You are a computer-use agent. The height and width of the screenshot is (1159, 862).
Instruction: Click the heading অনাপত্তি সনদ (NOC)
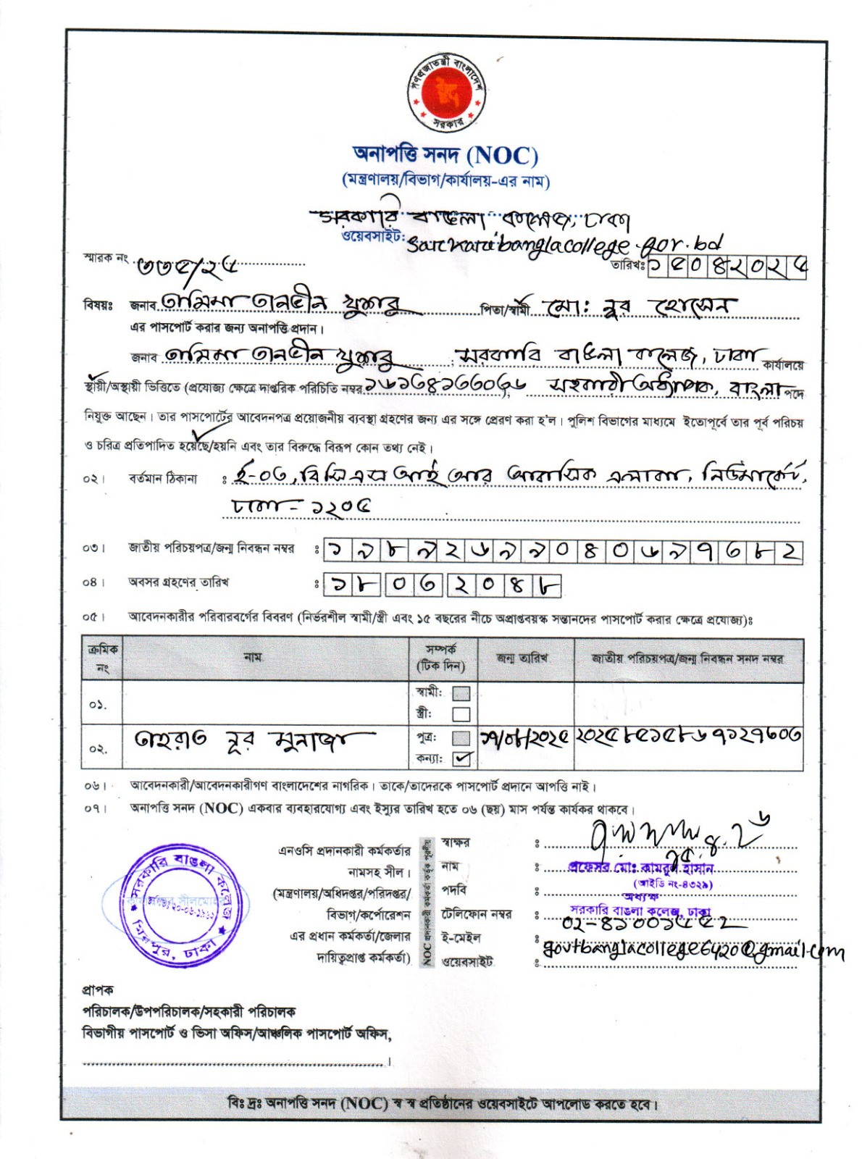pos(445,155)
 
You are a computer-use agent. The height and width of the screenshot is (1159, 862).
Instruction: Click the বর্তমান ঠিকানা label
pos(162,479)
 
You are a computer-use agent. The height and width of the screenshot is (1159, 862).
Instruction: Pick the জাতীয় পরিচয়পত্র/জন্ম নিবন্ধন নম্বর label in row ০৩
pos(211,549)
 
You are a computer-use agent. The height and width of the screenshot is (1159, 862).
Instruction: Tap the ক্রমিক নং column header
pos(102,658)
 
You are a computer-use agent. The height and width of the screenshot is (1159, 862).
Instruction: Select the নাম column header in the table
pos(253,657)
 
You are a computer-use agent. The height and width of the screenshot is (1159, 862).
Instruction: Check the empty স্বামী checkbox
pos(461,693)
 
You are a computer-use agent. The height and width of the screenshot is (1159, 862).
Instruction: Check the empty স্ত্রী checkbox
pos(461,714)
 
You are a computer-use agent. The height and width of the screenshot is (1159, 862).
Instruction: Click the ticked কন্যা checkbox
pos(461,758)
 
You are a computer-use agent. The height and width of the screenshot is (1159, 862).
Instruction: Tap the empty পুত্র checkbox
pos(461,738)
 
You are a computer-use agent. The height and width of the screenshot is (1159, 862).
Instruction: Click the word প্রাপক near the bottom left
pos(98,989)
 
